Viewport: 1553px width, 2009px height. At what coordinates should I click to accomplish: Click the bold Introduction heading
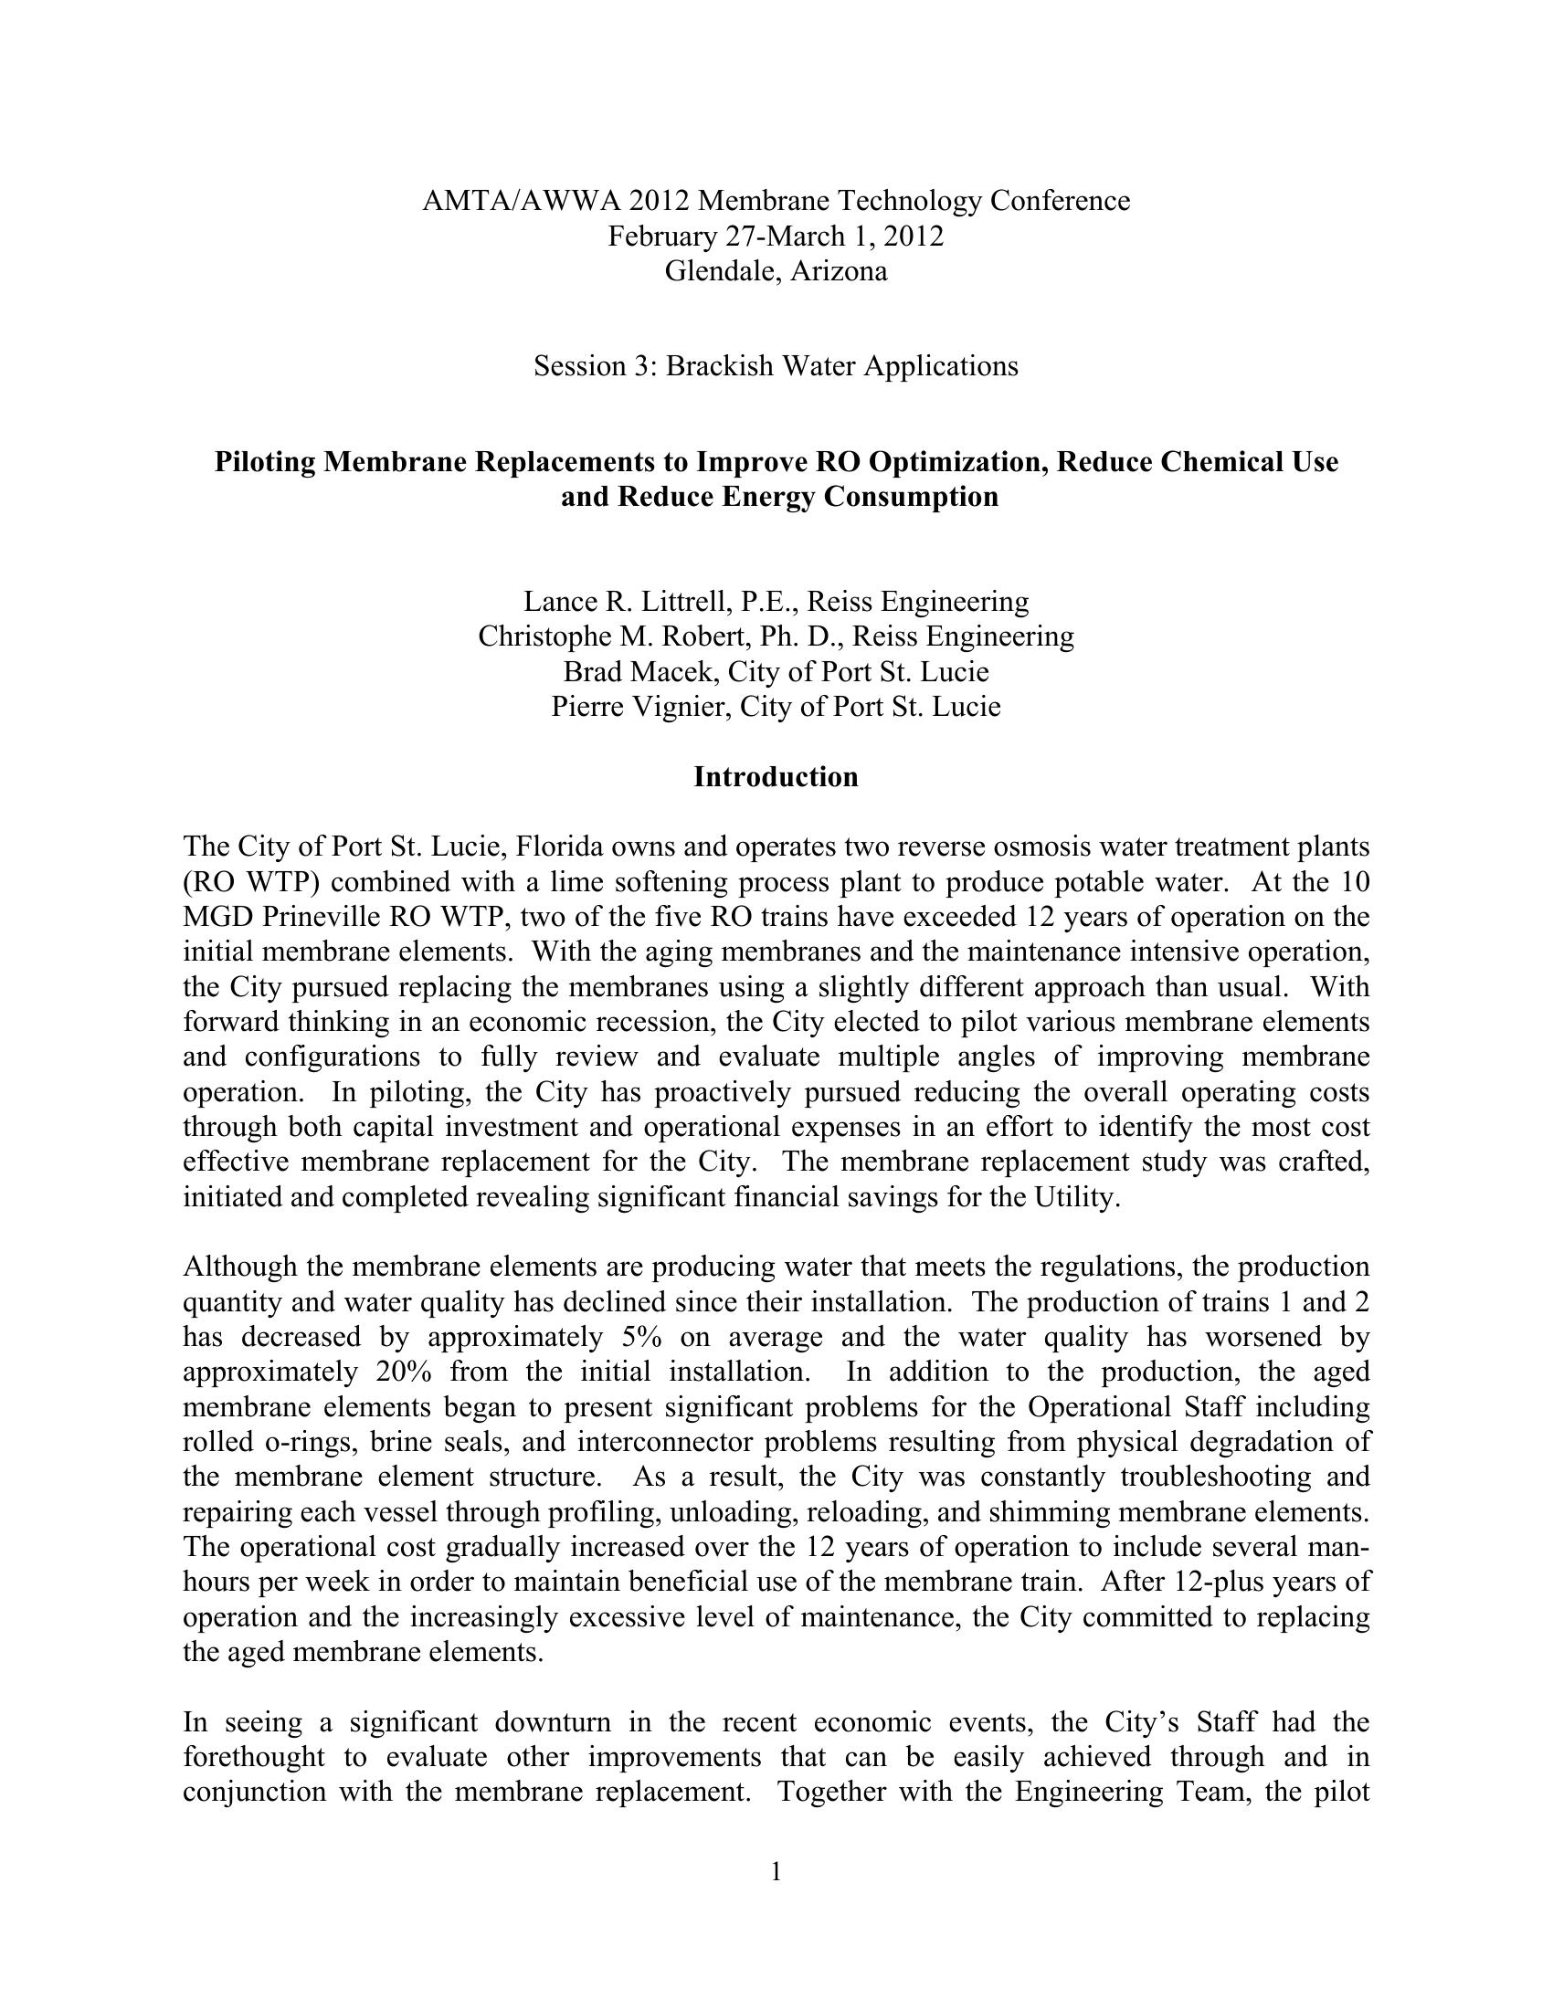click(776, 777)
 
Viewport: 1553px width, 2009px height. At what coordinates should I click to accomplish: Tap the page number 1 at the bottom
click(776, 1872)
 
